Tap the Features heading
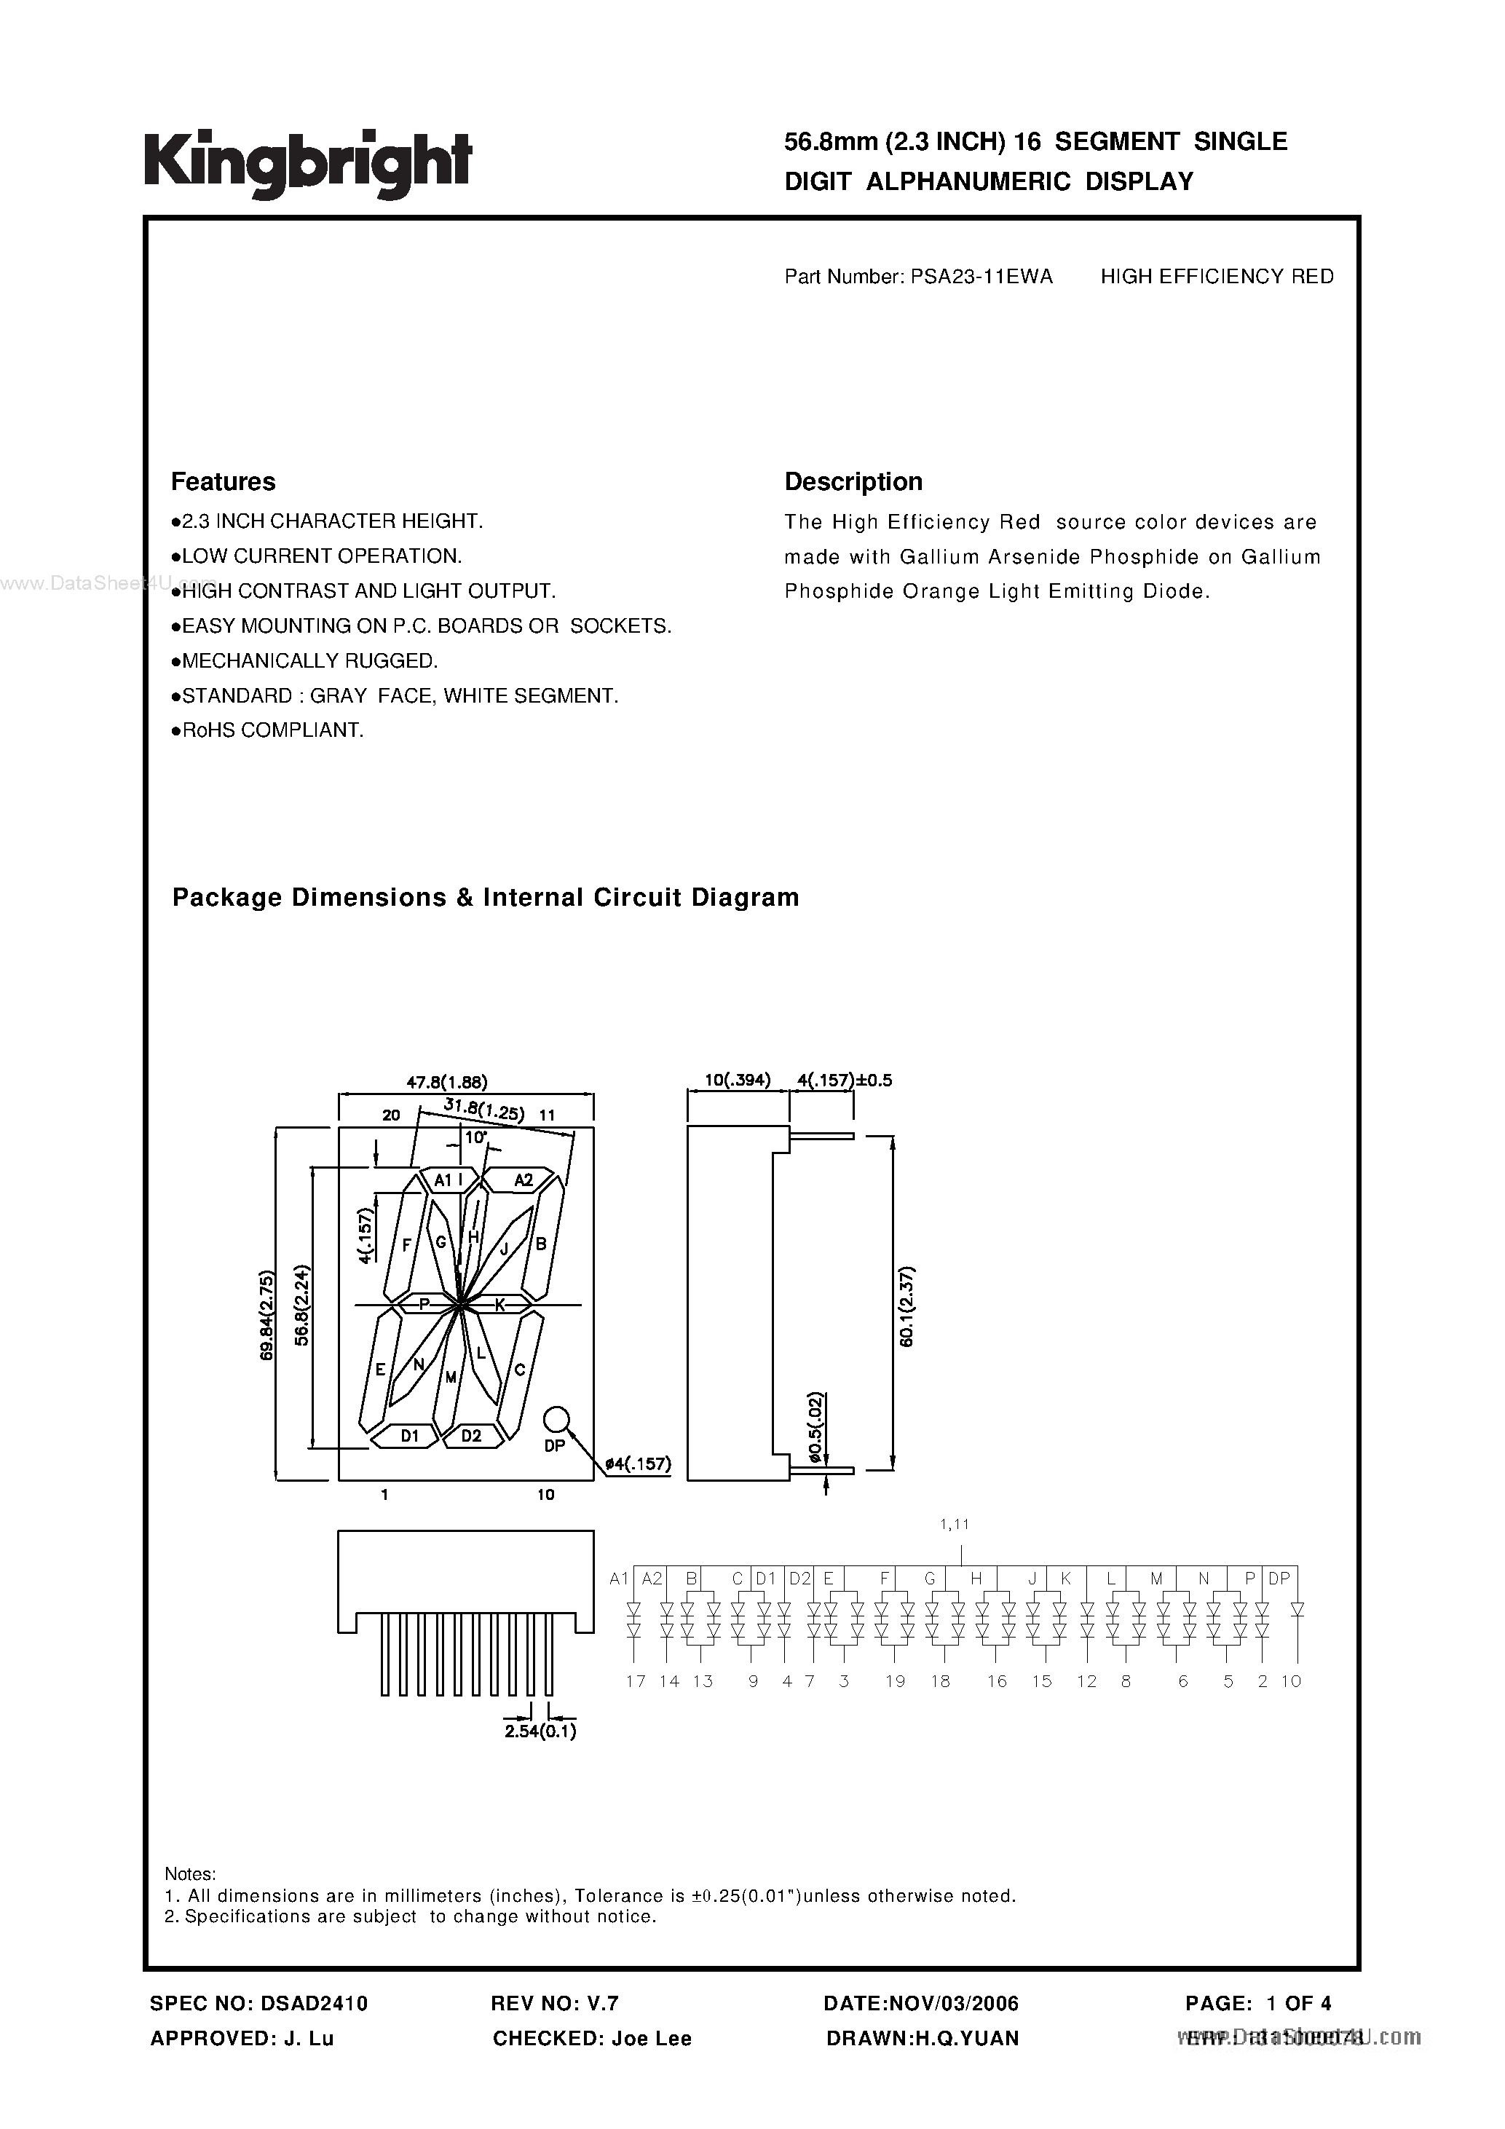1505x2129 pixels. (x=224, y=481)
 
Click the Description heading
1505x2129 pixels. (x=853, y=481)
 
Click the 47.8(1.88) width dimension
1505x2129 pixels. (x=447, y=1081)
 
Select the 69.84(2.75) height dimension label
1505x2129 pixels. (x=267, y=1315)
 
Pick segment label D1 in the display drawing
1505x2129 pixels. (x=410, y=1435)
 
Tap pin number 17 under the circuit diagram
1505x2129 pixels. (x=635, y=1681)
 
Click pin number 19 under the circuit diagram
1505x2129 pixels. (x=895, y=1681)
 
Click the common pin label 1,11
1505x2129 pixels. (x=955, y=1523)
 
